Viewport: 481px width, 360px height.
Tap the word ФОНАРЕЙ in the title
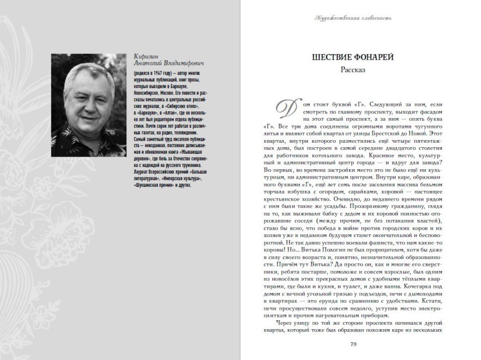[x=373, y=57]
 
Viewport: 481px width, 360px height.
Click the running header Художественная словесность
[x=353, y=18]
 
